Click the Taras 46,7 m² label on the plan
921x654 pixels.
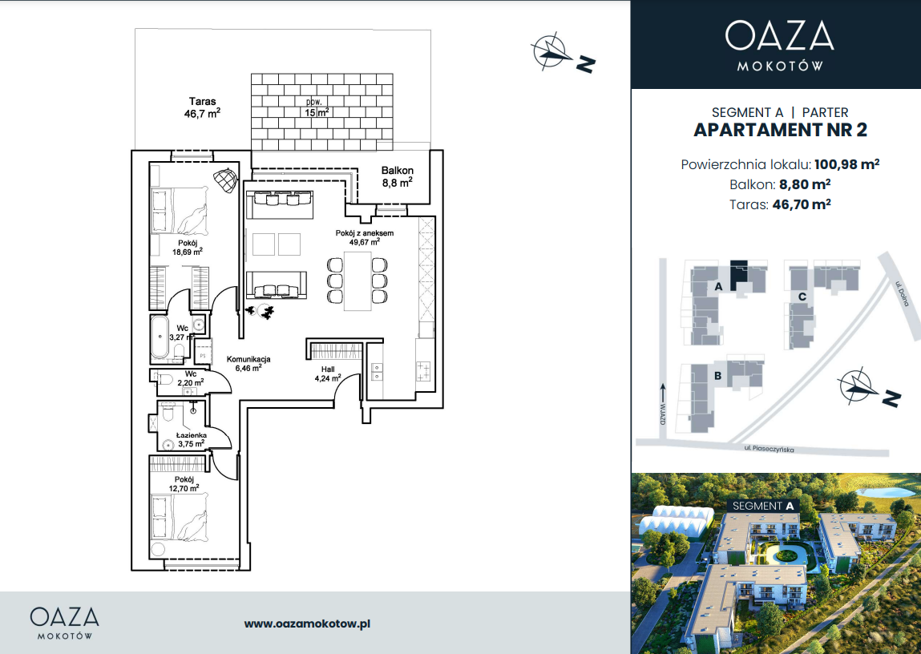tap(202, 107)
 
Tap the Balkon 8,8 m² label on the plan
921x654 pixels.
tap(397, 176)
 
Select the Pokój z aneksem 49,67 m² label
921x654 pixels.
tap(364, 237)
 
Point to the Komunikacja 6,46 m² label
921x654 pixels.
tap(248, 364)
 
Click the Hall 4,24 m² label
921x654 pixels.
tap(328, 374)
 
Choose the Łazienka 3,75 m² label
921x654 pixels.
tap(192, 440)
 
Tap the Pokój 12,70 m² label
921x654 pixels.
tap(184, 484)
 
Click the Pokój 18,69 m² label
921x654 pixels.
tap(188, 247)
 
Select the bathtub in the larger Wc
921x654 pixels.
tap(160, 337)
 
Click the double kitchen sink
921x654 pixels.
tap(376, 372)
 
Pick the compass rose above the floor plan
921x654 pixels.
tap(551, 51)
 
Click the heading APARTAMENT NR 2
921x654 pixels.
tap(780, 130)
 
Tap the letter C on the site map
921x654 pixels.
tap(802, 297)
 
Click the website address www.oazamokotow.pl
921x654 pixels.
tap(307, 624)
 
